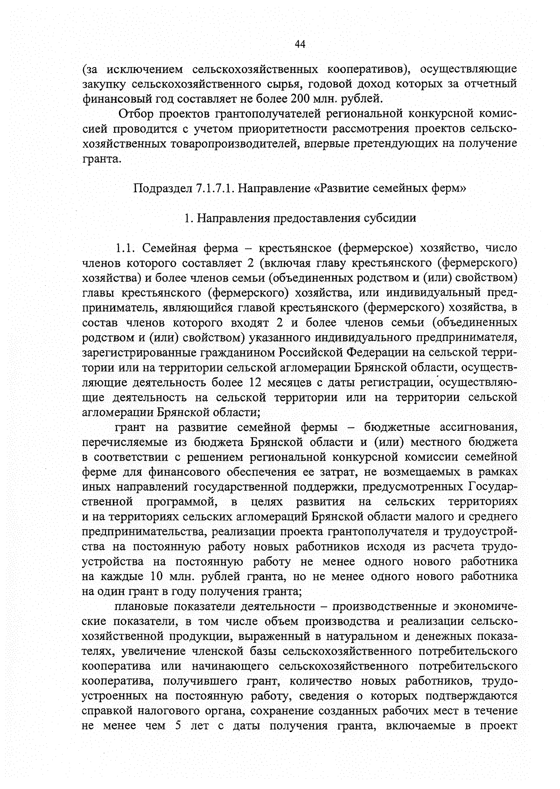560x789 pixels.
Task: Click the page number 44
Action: point(300,44)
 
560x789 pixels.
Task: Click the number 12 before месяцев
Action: point(251,382)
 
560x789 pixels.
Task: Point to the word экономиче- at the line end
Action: point(481,606)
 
